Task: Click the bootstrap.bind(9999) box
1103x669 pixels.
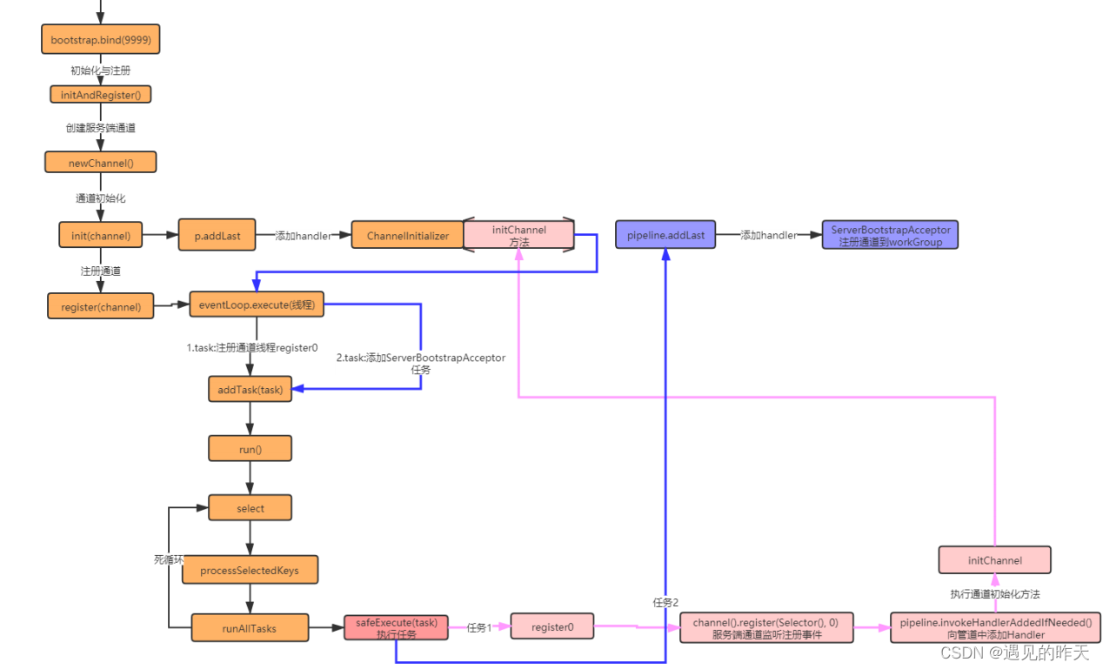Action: [101, 40]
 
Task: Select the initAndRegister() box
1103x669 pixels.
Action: [100, 95]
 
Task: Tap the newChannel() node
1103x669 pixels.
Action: [100, 162]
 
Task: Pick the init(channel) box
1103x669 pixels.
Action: [100, 235]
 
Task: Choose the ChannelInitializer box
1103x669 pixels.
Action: [407, 235]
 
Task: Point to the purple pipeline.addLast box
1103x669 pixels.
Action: [665, 235]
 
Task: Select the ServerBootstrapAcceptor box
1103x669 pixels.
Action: [890, 235]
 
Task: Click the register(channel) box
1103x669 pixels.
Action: [100, 306]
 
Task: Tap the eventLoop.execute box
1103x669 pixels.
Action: [256, 305]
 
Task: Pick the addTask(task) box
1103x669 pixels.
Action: [250, 389]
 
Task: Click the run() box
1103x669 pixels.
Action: [250, 449]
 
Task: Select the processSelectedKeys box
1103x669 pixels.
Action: [250, 570]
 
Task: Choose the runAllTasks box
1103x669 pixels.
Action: [250, 627]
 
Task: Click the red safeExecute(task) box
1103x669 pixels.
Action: [396, 627]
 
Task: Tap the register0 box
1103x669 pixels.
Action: [551, 626]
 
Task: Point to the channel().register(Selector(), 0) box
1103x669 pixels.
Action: [765, 627]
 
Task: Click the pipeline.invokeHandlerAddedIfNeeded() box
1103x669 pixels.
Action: [995, 627]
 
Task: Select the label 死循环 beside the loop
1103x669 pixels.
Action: [168, 559]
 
